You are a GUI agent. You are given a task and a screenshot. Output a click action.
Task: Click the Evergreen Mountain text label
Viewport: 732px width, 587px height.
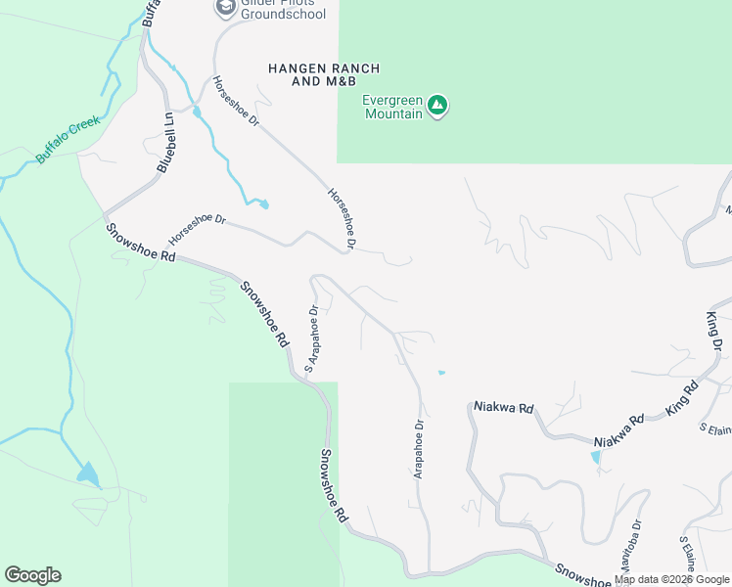(x=392, y=107)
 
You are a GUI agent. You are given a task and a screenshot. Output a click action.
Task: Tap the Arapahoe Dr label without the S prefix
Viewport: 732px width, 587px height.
(x=418, y=449)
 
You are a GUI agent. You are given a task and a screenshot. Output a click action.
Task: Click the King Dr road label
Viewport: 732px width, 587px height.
(x=714, y=332)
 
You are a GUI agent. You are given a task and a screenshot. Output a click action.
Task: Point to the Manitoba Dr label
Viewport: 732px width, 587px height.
(x=627, y=552)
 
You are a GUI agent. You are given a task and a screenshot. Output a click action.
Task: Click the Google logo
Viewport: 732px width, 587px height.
(x=32, y=575)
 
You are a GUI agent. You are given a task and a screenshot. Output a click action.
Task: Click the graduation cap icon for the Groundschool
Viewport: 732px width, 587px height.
(x=226, y=9)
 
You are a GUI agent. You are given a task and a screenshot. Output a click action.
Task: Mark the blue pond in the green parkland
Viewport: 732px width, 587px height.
(x=88, y=474)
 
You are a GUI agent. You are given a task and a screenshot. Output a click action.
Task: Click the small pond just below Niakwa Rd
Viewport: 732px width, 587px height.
(x=597, y=456)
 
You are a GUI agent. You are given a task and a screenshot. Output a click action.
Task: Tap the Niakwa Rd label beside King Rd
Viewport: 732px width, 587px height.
(x=619, y=429)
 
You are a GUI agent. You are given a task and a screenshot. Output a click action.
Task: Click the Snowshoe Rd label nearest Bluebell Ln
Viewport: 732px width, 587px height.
(x=141, y=242)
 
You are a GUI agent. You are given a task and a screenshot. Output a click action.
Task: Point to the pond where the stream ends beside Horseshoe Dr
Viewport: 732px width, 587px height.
(x=262, y=203)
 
